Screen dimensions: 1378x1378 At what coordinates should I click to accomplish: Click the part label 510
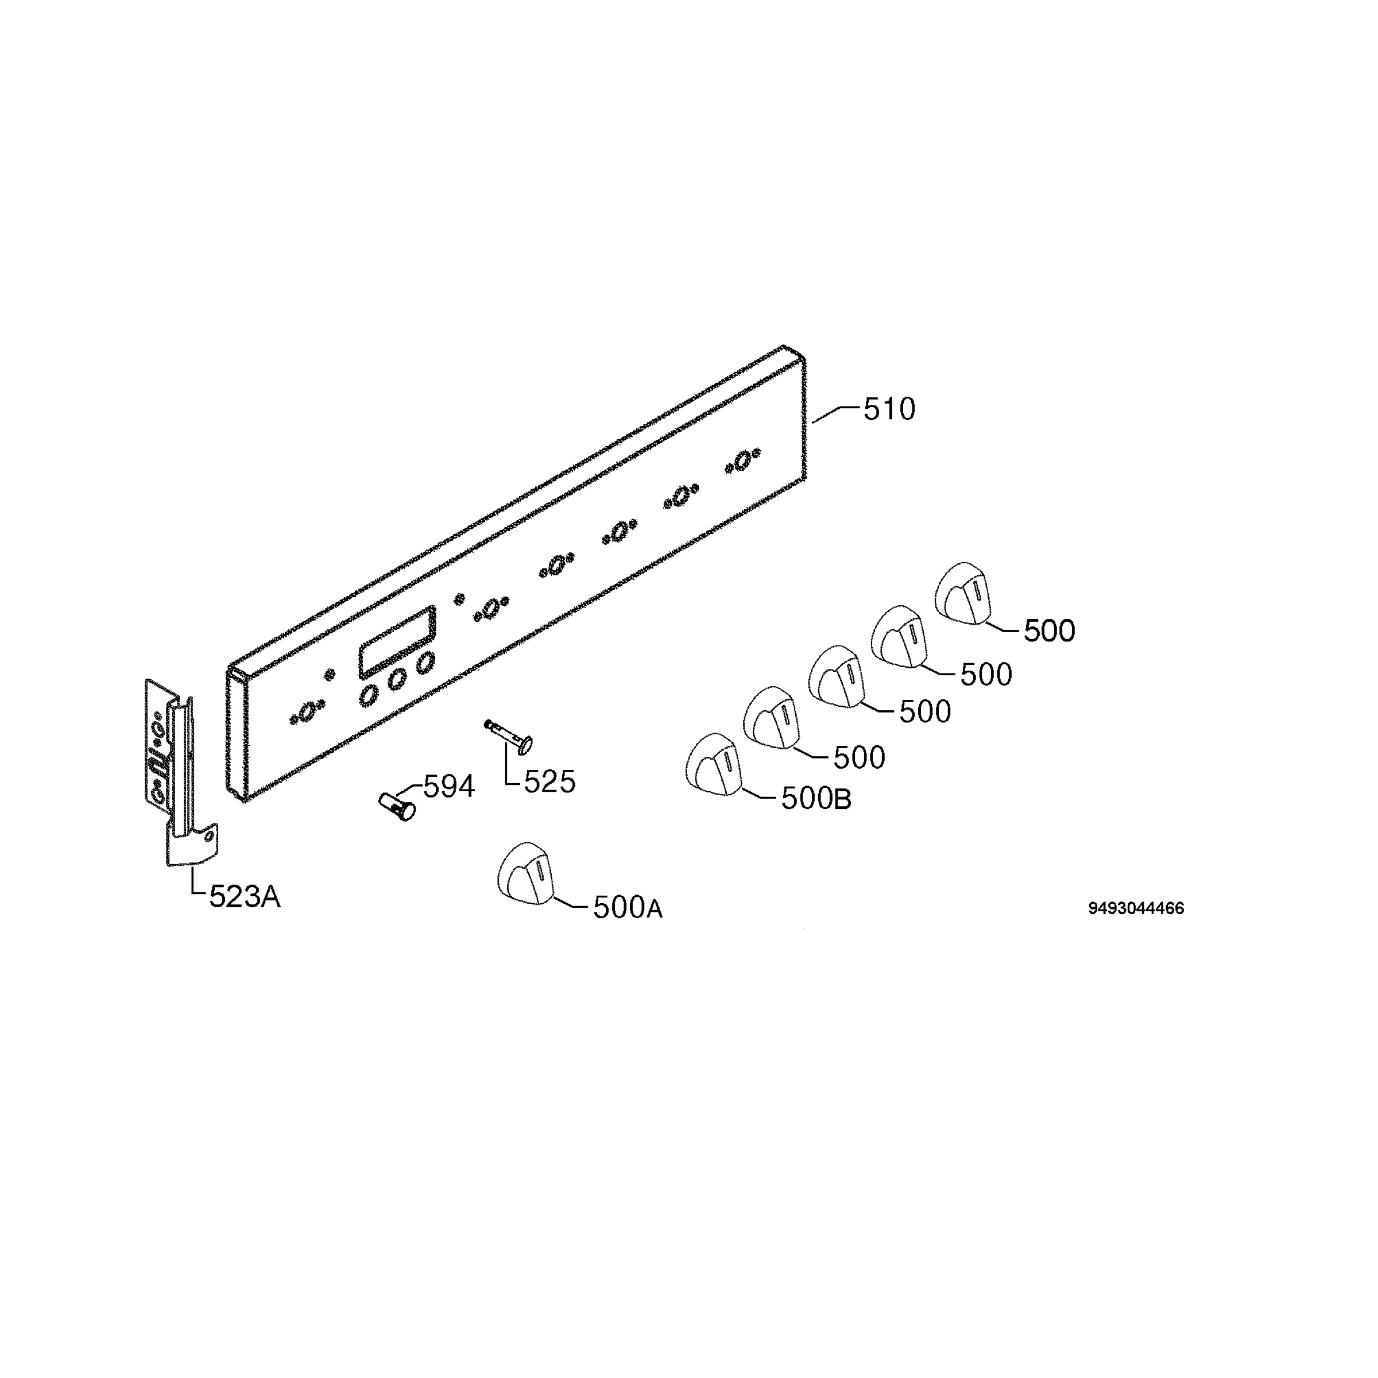click(889, 409)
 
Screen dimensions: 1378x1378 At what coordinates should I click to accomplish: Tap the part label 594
click(448, 786)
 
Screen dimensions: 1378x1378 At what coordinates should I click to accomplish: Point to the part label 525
click(549, 783)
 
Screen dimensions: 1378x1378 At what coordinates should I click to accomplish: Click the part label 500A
click(628, 908)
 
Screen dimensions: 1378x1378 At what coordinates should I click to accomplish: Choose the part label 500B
click(816, 799)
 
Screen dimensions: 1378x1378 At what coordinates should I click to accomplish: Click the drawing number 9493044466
click(1136, 908)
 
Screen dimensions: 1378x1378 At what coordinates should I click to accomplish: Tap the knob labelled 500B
click(714, 764)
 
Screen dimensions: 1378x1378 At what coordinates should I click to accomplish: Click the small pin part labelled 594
click(397, 805)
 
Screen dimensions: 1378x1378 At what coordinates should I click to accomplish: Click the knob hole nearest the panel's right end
click(742, 460)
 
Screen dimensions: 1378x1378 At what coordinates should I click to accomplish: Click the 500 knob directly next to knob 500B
click(772, 718)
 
